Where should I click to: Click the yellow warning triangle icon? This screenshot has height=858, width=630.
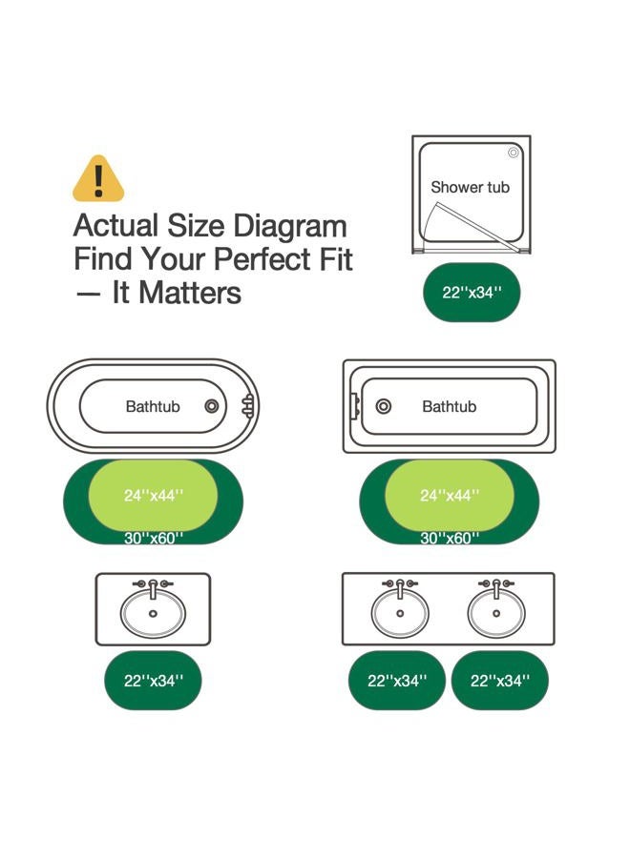pos(98,179)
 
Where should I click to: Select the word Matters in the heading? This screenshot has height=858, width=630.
pos(190,293)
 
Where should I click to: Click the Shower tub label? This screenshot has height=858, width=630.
pos(470,187)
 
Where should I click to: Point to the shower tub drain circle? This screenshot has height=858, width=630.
pos(514,153)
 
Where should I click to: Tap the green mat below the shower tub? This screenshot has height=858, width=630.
pos(472,293)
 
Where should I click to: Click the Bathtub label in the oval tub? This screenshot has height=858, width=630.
pos(153,406)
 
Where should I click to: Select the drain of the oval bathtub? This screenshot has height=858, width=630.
pos(212,406)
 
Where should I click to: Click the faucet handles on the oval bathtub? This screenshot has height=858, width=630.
pos(249,406)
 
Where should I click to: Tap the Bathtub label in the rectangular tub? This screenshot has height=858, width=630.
pos(450,406)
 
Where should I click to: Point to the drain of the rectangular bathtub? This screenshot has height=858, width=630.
pos(384,406)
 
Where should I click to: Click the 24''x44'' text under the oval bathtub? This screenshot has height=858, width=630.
pos(154,496)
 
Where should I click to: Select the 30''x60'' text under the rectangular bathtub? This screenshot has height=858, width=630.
pos(450,539)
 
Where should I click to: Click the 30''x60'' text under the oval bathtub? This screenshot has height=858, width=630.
pos(154,539)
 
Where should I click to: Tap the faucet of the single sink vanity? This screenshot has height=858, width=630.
pos(153,587)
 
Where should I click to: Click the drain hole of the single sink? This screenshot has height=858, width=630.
pos(153,614)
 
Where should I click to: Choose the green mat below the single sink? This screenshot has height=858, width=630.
pos(153,681)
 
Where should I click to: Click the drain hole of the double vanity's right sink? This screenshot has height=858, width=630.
pos(496,613)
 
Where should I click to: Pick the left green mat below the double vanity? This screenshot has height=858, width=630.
pos(397,681)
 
